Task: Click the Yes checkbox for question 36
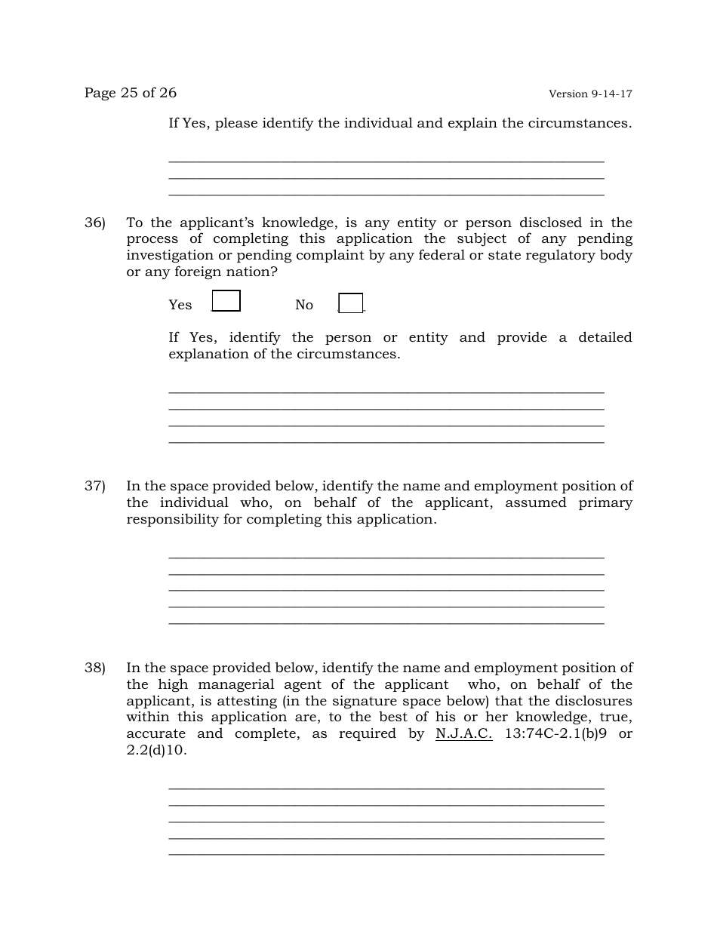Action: point(226,301)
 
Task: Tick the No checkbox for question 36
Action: point(350,303)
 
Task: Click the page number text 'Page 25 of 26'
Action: point(131,93)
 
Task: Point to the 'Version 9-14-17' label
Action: point(590,94)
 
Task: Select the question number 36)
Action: point(94,223)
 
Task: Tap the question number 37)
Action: point(94,487)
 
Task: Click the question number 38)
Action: point(94,668)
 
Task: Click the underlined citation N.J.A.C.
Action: point(464,733)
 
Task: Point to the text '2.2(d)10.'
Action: point(156,750)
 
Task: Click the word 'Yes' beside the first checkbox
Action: point(180,305)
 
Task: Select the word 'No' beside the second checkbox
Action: point(304,305)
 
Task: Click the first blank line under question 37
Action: point(386,557)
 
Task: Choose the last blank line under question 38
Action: point(386,854)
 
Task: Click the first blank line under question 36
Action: point(386,392)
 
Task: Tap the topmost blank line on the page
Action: point(386,161)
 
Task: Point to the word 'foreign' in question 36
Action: point(199,272)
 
